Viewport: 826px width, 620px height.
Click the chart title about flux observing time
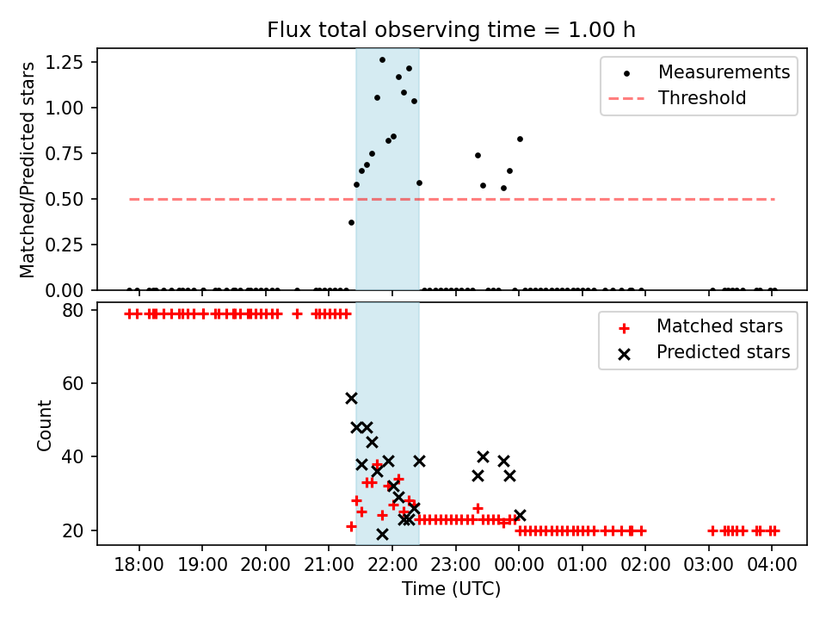[451, 30]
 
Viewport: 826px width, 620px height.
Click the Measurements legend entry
[724, 72]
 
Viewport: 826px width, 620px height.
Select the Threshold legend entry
[701, 98]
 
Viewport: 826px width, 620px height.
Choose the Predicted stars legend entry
[723, 352]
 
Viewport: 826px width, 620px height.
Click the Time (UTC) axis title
[451, 590]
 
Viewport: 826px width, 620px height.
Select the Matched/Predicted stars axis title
[28, 170]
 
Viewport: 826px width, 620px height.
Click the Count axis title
[44, 425]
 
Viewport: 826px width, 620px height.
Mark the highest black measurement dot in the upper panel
[382, 59]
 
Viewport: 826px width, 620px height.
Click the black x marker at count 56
[351, 398]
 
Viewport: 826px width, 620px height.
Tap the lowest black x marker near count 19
[382, 534]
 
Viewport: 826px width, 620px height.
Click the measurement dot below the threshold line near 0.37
[351, 222]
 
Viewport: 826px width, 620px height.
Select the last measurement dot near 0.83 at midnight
[520, 139]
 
